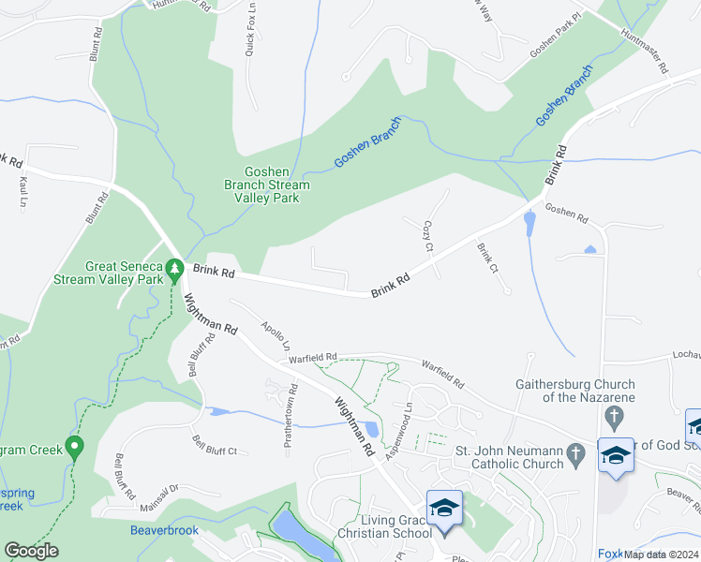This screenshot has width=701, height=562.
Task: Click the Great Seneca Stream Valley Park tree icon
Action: pyautogui.click(x=173, y=270)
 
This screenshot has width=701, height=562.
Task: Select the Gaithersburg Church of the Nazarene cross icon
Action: pyautogui.click(x=614, y=415)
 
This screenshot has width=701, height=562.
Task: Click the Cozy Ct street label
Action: pyautogui.click(x=427, y=236)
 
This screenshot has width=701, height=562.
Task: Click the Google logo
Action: pyautogui.click(x=31, y=551)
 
